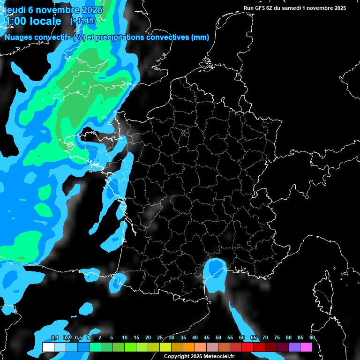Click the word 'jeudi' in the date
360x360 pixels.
(15, 10)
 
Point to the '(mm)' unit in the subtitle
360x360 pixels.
(200, 37)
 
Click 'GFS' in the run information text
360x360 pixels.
(259, 8)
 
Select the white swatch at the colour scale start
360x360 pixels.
(48, 347)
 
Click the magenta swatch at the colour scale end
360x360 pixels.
(306, 347)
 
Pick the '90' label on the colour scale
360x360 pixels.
(312, 337)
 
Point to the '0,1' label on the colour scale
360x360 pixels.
(54, 337)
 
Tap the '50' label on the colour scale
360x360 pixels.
(218, 337)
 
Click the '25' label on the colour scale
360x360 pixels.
(160, 337)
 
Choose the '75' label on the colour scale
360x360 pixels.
(277, 337)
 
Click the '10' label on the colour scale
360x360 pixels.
(125, 337)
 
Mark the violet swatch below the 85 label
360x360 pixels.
(294, 347)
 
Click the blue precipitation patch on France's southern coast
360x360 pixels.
(215, 272)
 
